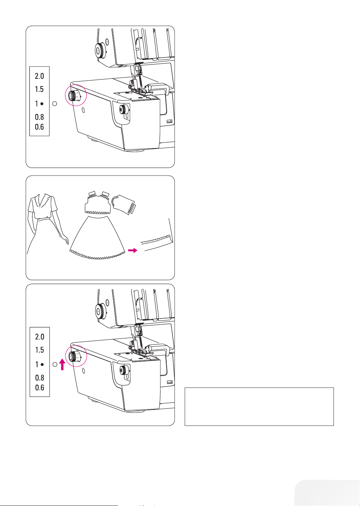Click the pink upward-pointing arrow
pyautogui.click(x=62, y=365)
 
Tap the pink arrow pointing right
pyautogui.click(x=132, y=250)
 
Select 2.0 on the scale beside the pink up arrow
pyautogui.click(x=39, y=337)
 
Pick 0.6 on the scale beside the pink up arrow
pyautogui.click(x=39, y=388)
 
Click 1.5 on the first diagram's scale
pyautogui.click(x=39, y=89)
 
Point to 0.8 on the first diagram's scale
pyautogui.click(x=39, y=117)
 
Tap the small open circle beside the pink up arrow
pyautogui.click(x=55, y=365)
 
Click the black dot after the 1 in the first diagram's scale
pyautogui.click(x=42, y=104)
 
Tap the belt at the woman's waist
pyautogui.click(x=43, y=219)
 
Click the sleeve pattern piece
pyautogui.click(x=123, y=204)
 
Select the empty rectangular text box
pyautogui.click(x=259, y=407)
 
